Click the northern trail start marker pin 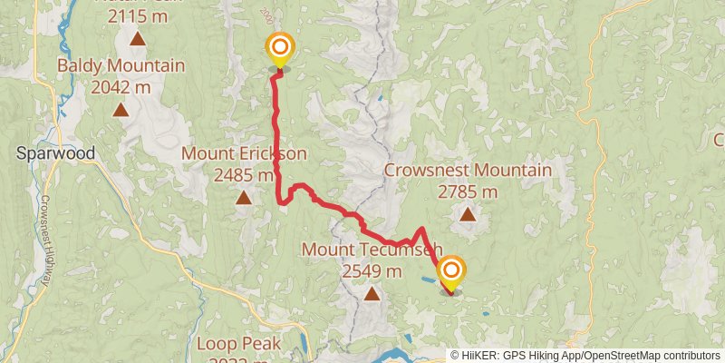coord(279,48)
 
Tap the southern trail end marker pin coord(450,271)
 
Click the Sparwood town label coord(56,153)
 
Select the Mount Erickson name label coord(244,153)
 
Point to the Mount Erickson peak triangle coord(243,197)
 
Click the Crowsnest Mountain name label coord(468,171)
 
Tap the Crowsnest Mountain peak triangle coord(468,214)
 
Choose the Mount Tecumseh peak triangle coord(372,293)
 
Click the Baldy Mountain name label coord(121,65)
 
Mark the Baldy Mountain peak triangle coord(121,110)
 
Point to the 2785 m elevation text coord(468,191)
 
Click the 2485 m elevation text coord(244,175)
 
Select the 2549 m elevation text coord(372,270)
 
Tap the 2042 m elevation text coord(121,87)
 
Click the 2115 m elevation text coord(138,16)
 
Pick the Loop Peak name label coord(239,344)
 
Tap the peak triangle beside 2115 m coord(138,39)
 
